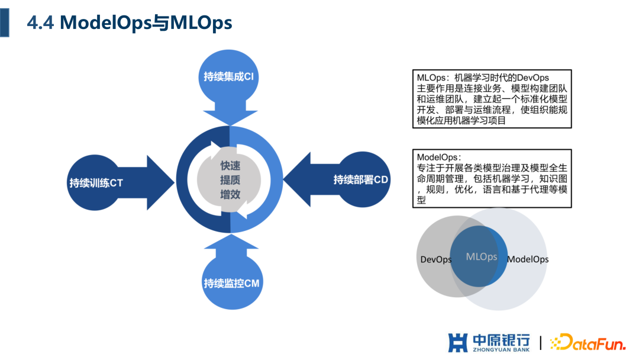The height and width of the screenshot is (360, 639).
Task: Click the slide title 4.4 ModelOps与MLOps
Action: tap(130, 22)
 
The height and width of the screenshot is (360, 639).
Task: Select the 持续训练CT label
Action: tap(96, 182)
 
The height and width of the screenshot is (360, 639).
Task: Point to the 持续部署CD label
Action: tap(360, 179)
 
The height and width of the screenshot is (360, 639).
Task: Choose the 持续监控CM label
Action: tap(231, 283)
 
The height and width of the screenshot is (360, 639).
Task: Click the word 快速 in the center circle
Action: tap(230, 166)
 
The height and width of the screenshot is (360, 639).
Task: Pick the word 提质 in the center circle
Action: tap(230, 180)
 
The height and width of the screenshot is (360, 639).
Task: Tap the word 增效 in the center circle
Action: tap(230, 194)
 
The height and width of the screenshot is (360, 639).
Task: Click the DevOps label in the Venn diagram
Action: tap(436, 259)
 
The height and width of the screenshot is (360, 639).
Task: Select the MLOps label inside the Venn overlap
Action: tap(481, 257)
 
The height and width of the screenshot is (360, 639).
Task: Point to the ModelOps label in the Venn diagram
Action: tap(528, 259)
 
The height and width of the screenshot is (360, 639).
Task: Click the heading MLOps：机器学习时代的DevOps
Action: tap(483, 78)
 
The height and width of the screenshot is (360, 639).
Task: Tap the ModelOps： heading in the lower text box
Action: tap(439, 157)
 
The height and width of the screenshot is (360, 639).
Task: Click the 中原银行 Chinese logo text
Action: tap(501, 339)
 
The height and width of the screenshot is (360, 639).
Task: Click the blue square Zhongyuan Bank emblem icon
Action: tap(459, 343)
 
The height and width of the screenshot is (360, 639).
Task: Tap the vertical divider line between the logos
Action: tap(540, 343)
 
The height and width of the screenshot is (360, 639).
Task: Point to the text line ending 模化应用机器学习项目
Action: tap(461, 121)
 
